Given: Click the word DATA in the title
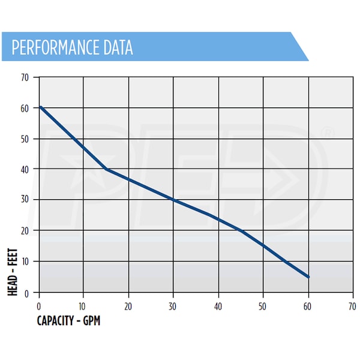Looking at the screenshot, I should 117,47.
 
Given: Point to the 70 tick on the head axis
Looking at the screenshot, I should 25,77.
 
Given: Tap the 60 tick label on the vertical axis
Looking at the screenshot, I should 25,108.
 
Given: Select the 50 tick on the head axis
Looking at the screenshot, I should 25,139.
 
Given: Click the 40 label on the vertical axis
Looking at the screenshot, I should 25,169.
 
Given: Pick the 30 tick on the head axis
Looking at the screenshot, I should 25,200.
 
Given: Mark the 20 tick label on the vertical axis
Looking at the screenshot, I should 25,230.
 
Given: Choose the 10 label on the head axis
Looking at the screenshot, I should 25,262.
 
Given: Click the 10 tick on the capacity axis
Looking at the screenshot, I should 83,305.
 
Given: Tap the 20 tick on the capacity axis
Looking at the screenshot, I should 128,305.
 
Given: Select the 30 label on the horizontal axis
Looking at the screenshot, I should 173,305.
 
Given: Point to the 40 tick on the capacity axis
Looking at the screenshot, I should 218,305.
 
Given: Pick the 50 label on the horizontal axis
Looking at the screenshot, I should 263,305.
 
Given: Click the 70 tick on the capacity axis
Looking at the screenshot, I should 352,305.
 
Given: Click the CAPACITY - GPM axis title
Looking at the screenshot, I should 69,320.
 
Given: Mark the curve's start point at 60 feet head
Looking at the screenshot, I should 40,107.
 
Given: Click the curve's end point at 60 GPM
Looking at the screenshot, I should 308,277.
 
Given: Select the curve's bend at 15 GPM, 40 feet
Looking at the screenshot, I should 106,169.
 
